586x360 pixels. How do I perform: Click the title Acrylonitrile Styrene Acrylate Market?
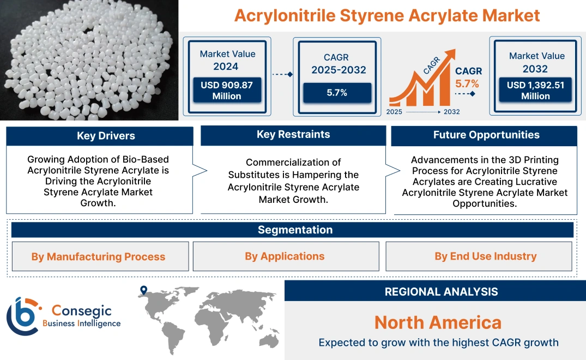coord(387,15)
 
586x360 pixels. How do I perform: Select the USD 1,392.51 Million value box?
coord(535,91)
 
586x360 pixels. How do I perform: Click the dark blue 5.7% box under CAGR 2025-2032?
coord(337,93)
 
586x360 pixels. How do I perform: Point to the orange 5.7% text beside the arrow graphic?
coord(467,83)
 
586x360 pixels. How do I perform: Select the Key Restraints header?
coord(293,134)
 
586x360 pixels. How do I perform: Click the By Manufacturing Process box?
coord(98,256)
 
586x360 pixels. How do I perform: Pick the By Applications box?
coord(285,256)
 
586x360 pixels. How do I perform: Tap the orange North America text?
coord(438,322)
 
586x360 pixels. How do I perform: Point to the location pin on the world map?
coord(143,291)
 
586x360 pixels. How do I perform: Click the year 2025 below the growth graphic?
coord(395,112)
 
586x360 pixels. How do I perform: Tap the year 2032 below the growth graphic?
coord(451,112)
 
